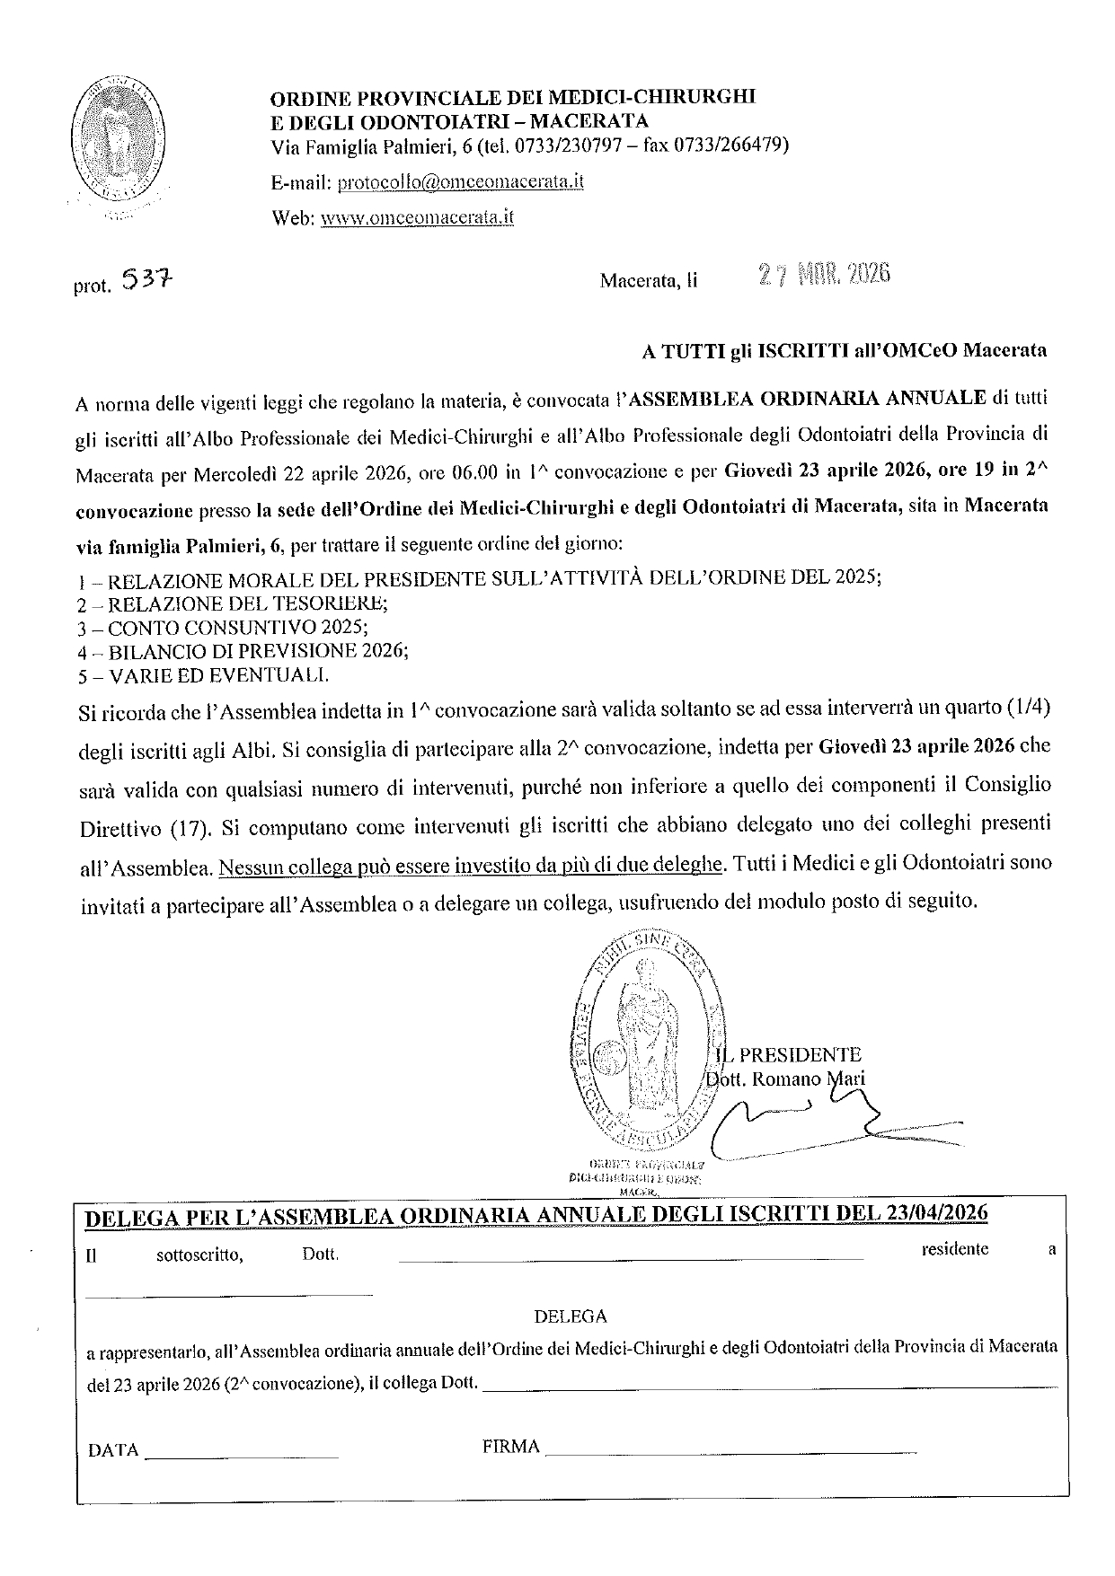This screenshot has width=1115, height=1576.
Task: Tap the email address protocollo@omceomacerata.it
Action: pyautogui.click(x=460, y=181)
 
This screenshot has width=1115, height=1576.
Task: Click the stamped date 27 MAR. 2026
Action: pyautogui.click(x=823, y=275)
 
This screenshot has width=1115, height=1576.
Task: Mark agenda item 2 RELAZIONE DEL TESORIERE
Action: pyautogui.click(x=245, y=603)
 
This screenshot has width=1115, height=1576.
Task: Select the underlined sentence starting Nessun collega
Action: pyautogui.click(x=471, y=865)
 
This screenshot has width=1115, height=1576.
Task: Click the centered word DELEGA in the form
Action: pyautogui.click(x=571, y=1316)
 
